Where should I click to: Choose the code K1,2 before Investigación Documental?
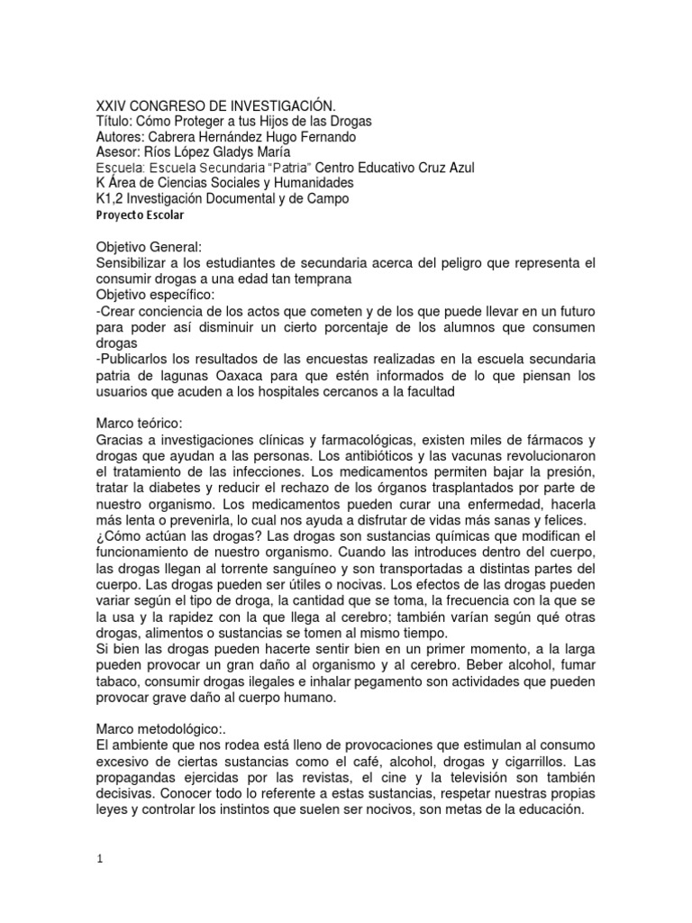coord(112,198)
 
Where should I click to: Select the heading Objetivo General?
coord(153,247)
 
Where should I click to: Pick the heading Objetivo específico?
coord(161,293)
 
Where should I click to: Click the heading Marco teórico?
coord(141,424)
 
